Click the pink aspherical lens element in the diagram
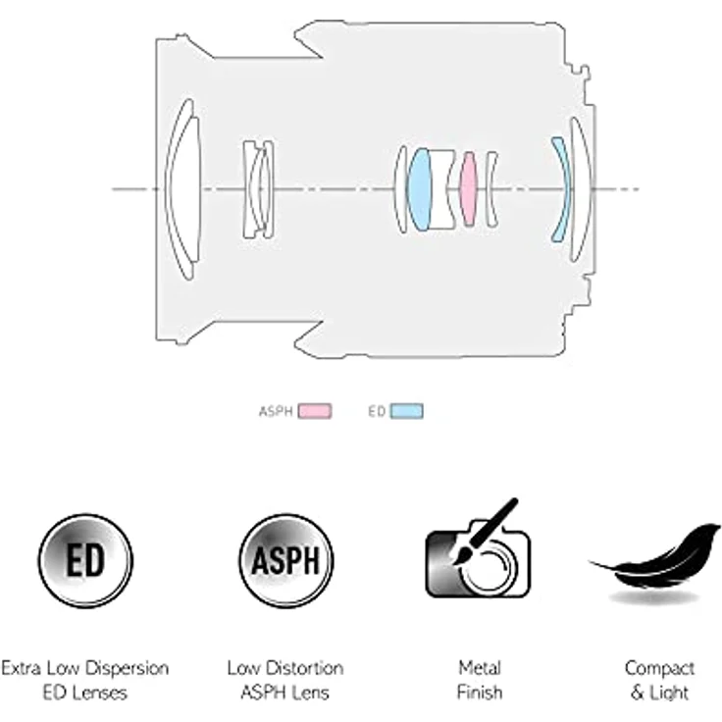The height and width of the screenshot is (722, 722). (x=468, y=188)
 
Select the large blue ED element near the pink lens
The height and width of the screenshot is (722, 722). (x=420, y=188)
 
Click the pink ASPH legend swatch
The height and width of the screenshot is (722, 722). (x=315, y=411)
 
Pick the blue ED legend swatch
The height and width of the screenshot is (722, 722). (x=406, y=411)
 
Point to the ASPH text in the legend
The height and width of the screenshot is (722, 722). (x=276, y=411)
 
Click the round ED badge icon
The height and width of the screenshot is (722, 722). (x=85, y=561)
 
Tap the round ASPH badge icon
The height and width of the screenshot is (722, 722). (x=285, y=561)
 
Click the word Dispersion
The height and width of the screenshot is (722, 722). (x=128, y=669)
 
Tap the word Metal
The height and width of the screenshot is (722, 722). (x=480, y=668)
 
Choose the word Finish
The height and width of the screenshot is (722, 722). (x=480, y=692)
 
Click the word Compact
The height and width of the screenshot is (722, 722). (x=659, y=669)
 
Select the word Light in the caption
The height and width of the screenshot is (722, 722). (x=669, y=693)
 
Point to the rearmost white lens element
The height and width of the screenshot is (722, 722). (x=580, y=188)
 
